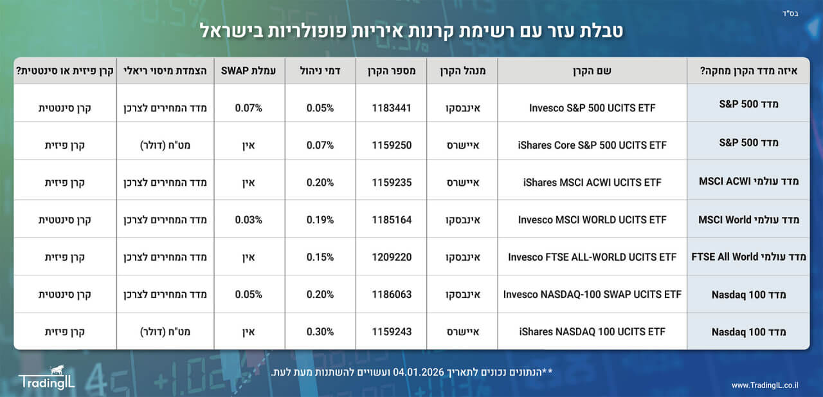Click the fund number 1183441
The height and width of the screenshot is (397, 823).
392,107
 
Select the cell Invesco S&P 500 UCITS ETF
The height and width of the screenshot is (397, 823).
592,107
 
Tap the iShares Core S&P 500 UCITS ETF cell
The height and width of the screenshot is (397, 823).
592,145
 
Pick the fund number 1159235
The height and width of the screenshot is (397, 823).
392,182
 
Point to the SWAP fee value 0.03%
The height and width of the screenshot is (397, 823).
248,219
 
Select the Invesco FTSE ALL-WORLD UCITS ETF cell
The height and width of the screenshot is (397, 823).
592,257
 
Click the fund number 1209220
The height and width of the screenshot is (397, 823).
392,257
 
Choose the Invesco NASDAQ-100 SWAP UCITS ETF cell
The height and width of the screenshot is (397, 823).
592,294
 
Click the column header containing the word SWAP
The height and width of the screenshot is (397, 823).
248,71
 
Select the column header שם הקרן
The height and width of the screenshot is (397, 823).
592,71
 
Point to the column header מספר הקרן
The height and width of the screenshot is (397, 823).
392,71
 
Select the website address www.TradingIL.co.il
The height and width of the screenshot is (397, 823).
764,385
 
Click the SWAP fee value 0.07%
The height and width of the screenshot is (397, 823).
248,107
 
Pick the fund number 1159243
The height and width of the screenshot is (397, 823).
392,331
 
